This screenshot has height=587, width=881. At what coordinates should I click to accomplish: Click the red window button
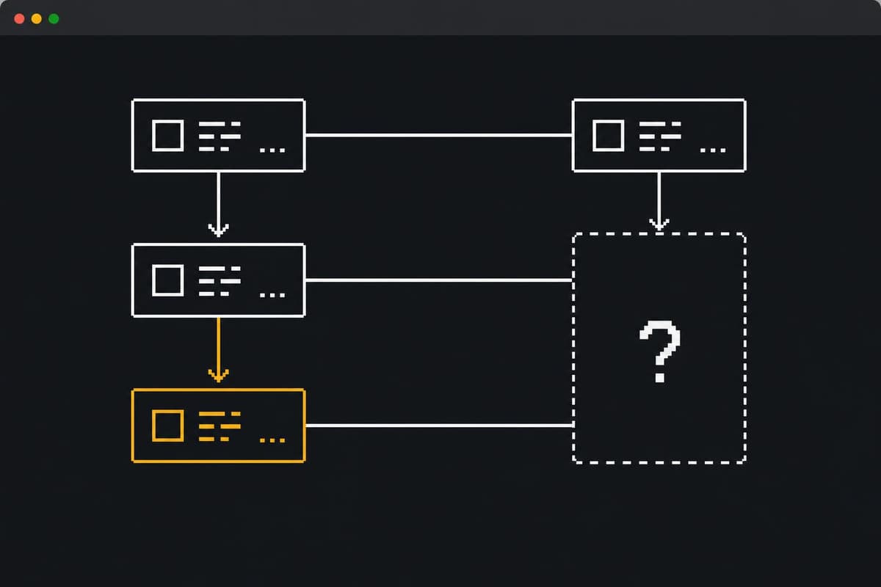(x=19, y=19)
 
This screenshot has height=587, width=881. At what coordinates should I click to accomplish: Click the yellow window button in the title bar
(x=37, y=19)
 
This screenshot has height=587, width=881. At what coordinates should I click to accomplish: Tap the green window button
(x=54, y=19)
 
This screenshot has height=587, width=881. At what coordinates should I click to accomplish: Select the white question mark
(x=660, y=351)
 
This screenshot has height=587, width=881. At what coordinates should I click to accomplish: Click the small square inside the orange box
(x=168, y=426)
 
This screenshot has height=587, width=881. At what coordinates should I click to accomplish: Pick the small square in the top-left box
(x=168, y=136)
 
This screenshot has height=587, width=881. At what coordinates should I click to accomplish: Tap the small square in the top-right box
(x=609, y=136)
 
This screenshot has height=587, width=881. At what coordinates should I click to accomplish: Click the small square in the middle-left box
(x=168, y=280)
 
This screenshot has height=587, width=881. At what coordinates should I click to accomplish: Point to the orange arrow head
(x=218, y=376)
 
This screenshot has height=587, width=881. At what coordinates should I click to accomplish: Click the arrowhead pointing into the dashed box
(x=659, y=225)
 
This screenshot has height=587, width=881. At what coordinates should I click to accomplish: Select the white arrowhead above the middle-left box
(x=218, y=230)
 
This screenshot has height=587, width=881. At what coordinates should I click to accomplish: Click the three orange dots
(x=272, y=440)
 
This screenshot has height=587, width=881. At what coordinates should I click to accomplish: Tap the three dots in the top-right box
(x=713, y=150)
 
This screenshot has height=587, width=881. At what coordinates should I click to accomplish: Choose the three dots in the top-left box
(x=272, y=150)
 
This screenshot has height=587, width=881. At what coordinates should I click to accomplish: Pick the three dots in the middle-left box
(x=272, y=295)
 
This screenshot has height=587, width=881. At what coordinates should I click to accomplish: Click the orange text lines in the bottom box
(x=220, y=426)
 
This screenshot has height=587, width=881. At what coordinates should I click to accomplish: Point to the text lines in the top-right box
(x=660, y=136)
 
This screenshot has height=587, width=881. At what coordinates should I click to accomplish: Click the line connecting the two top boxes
(x=439, y=136)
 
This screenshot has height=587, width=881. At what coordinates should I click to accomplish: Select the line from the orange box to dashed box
(x=439, y=426)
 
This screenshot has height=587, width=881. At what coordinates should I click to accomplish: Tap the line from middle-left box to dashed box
(x=439, y=280)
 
